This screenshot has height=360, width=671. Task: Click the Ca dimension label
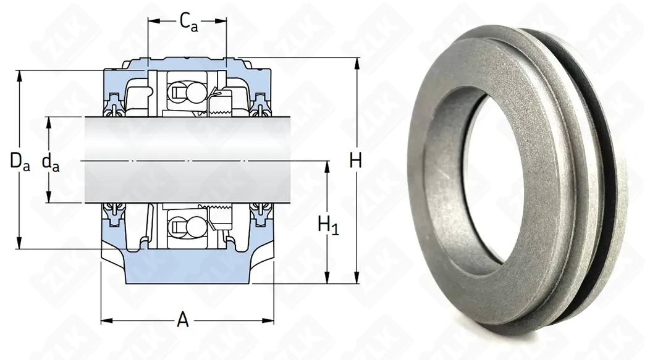[x=188, y=22]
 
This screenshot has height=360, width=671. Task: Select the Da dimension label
[x=20, y=162]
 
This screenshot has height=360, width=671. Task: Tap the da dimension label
[x=51, y=162]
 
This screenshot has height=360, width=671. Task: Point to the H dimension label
[x=356, y=161]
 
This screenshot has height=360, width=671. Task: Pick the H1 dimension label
[x=328, y=225]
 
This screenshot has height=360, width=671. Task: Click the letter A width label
[x=183, y=319]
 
